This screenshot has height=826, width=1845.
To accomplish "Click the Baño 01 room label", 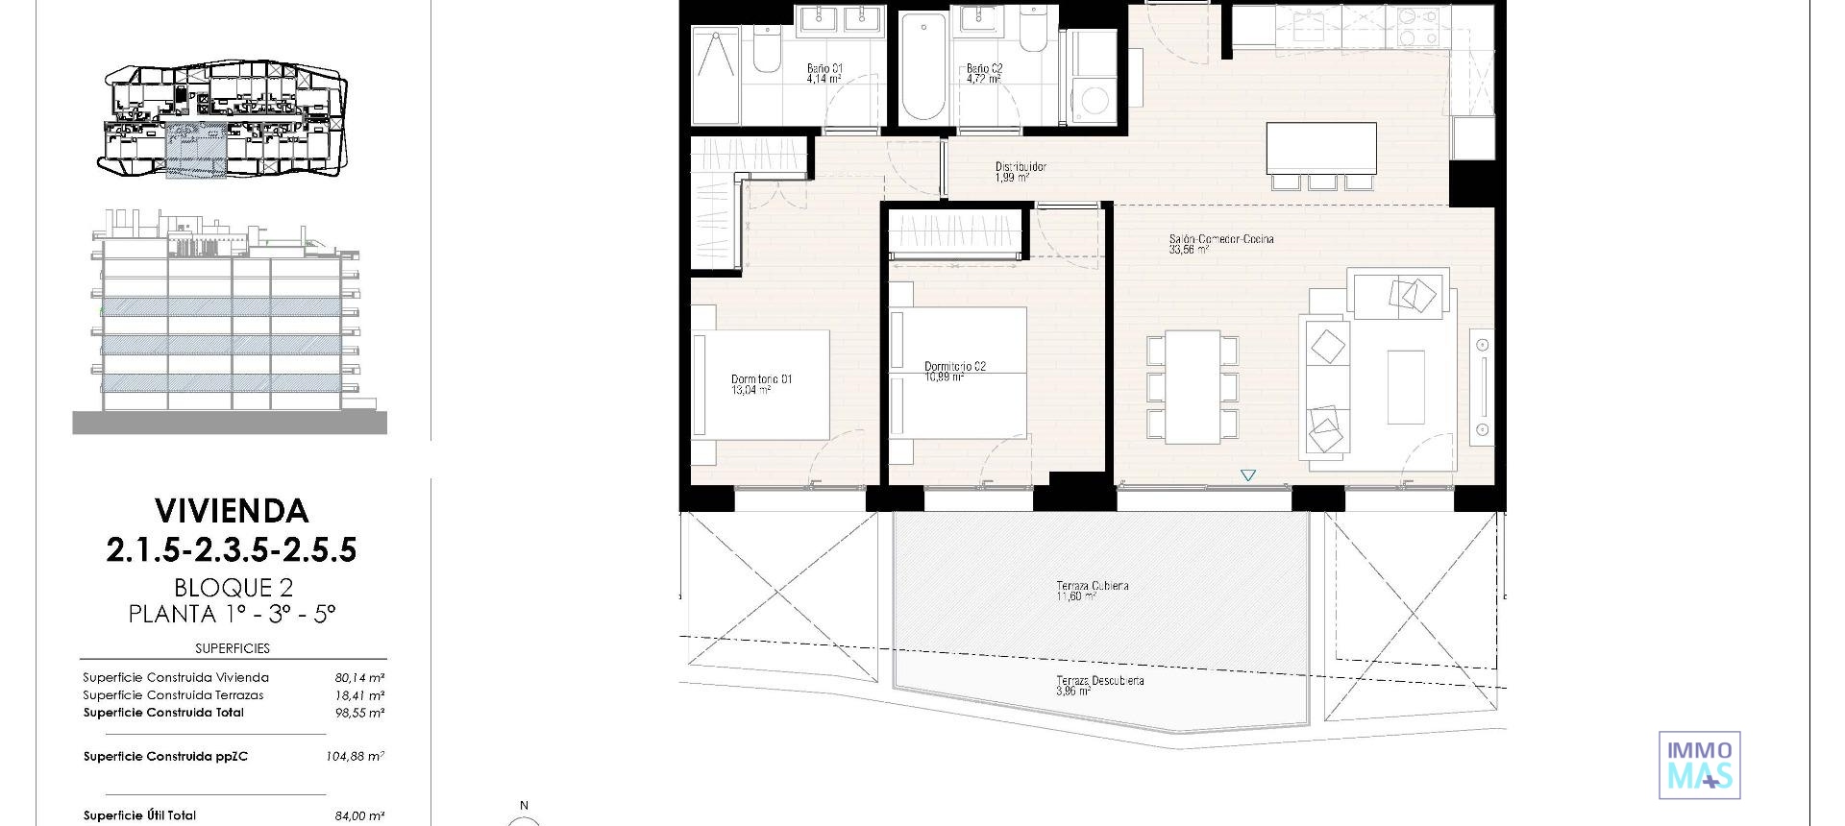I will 824,73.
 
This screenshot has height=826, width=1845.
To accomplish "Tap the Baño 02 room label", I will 984,73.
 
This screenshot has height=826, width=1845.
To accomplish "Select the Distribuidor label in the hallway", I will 1020,171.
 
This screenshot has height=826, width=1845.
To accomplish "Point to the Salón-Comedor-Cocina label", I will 1220,243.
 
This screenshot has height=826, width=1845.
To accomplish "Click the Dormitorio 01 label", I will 761,384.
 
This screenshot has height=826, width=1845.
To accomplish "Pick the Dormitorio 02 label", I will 954,371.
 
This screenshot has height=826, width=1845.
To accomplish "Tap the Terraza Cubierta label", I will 1092,590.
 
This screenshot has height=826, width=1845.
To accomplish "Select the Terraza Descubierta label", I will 1099,685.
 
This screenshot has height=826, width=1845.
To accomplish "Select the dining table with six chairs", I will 1193,387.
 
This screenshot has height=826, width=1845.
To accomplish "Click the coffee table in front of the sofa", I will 1405,386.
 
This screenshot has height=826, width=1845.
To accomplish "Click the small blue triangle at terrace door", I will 1247,475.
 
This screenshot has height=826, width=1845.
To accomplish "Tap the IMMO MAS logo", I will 1699,765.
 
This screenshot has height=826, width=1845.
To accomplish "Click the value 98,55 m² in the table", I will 359,713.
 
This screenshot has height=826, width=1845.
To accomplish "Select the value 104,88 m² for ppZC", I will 355,757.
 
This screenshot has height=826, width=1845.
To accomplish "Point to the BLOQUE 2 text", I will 233,587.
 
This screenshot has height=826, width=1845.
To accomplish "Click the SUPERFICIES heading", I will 233,648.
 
